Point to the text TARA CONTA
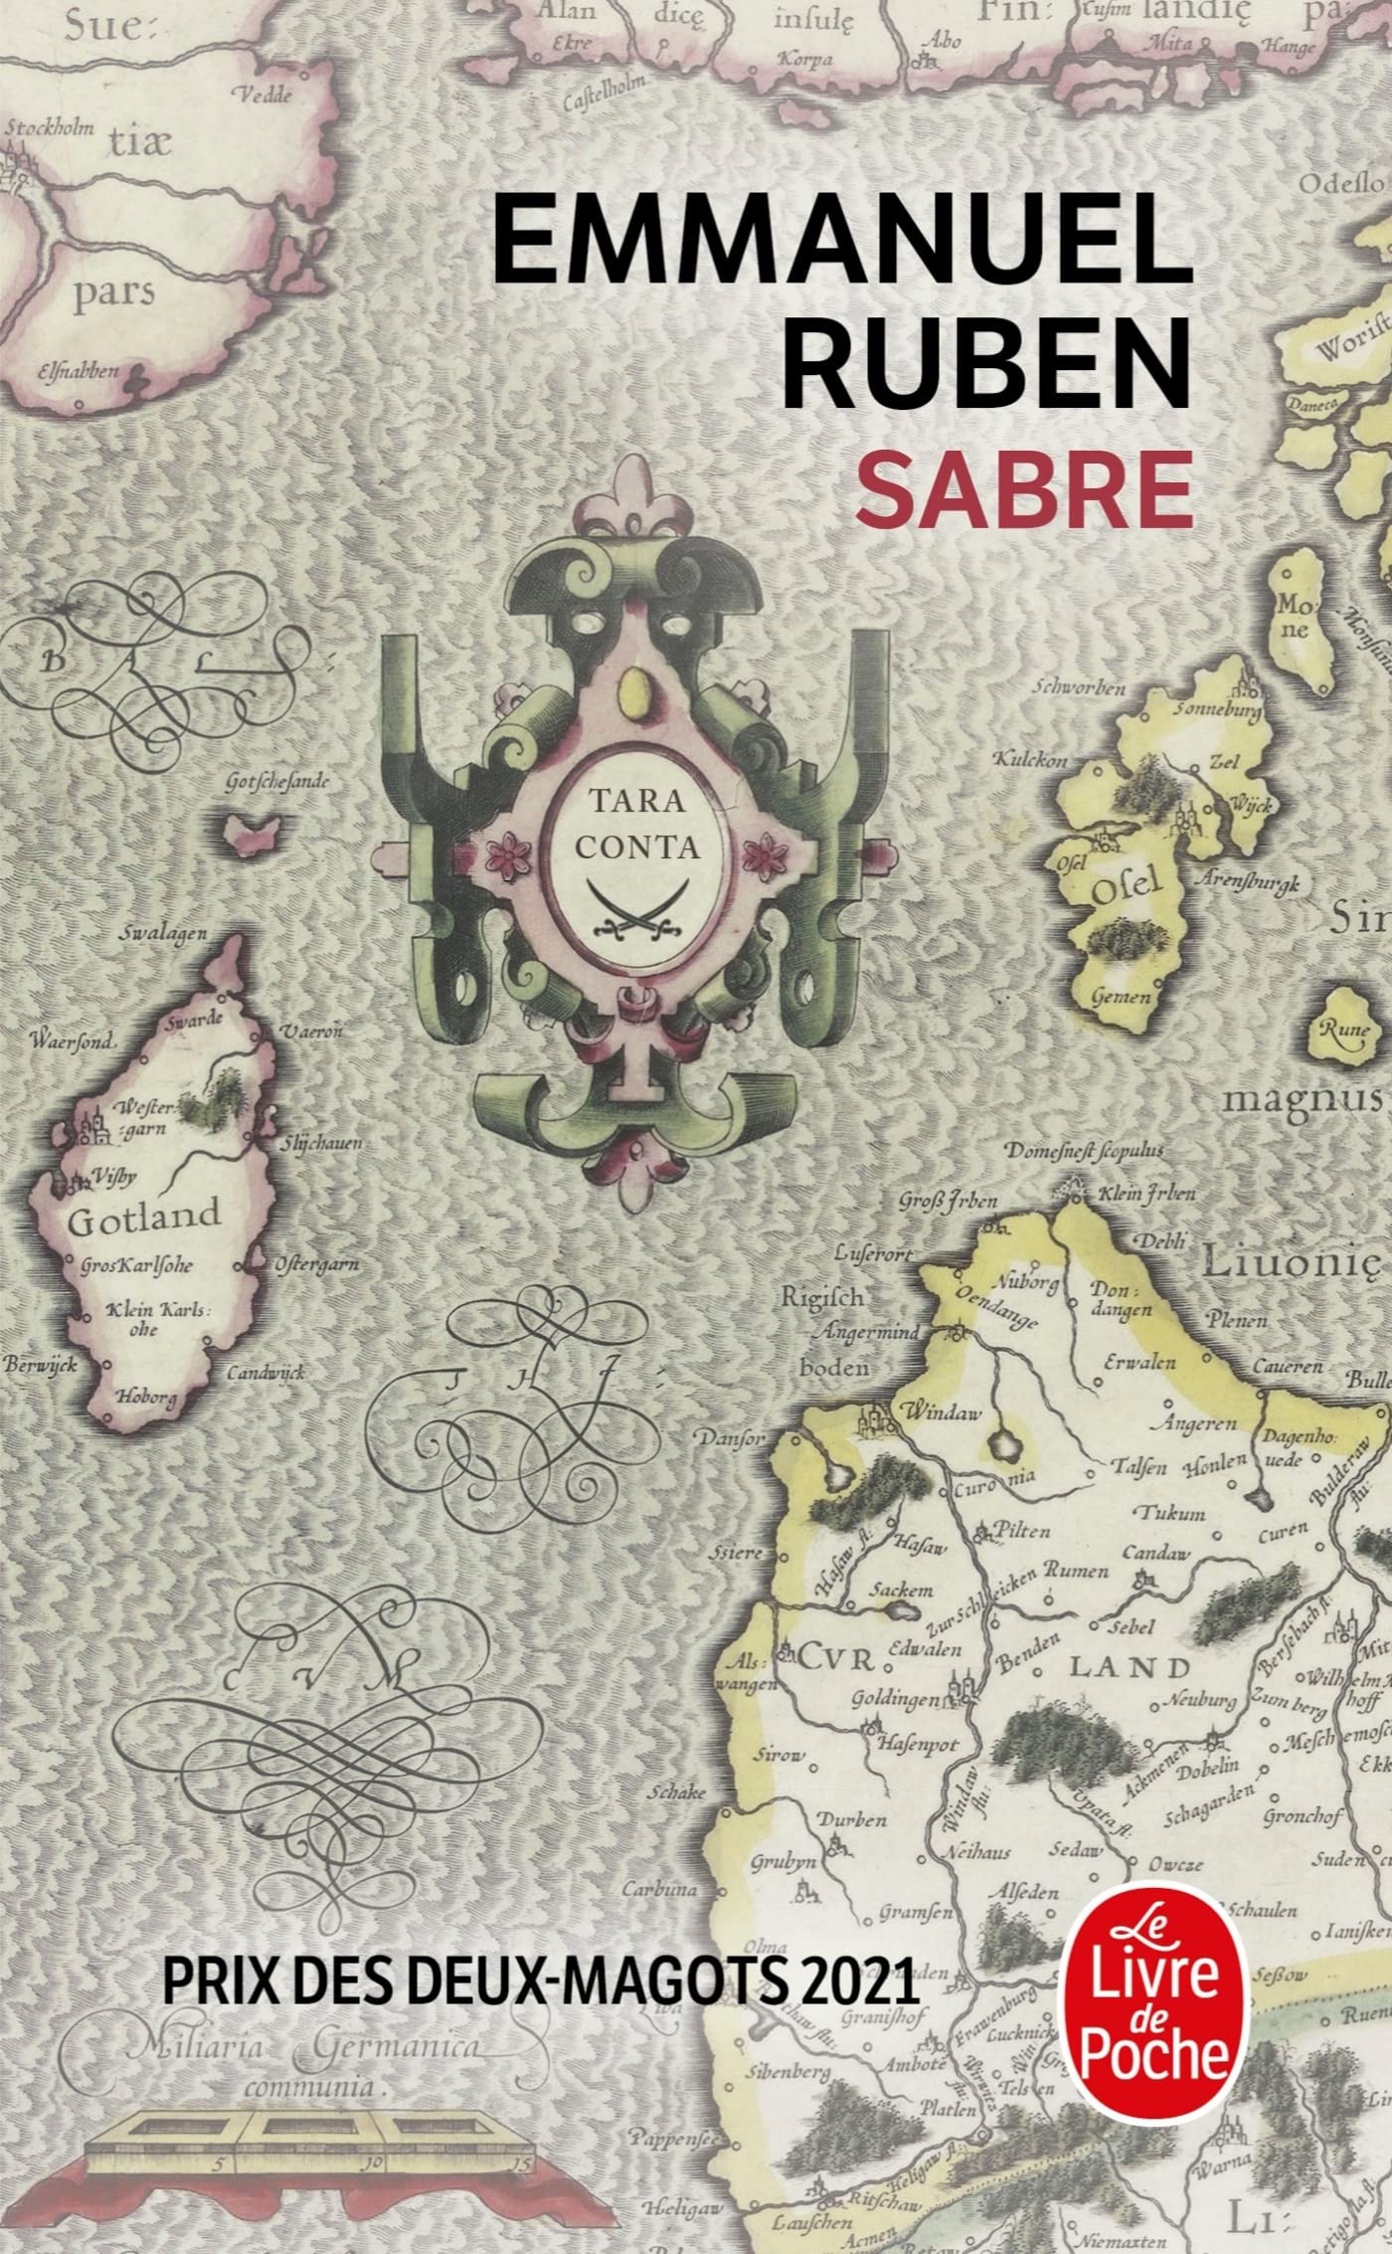point(626,823)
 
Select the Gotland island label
point(143,1217)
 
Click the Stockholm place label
point(50,128)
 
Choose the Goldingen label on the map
point(894,1699)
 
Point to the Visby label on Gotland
point(116,1176)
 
